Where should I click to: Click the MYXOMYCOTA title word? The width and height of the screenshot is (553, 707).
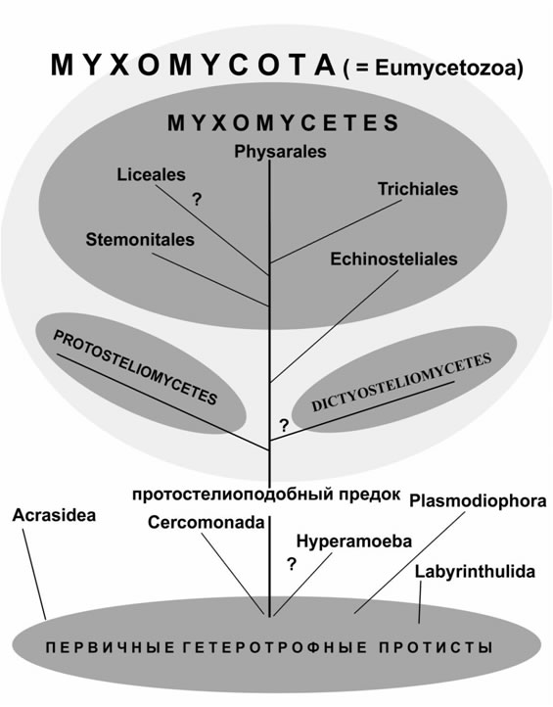194,66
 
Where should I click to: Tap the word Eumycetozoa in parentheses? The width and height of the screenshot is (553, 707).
444,69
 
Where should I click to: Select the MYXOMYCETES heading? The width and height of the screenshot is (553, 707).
283,123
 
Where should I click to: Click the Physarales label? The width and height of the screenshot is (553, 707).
280,152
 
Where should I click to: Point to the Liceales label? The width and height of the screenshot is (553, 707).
151,174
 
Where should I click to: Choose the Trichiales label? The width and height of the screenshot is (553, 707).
418,189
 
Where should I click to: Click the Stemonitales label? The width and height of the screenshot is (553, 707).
140,240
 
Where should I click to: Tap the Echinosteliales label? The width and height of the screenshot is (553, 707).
393,259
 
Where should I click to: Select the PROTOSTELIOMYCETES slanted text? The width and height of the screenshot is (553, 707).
135,367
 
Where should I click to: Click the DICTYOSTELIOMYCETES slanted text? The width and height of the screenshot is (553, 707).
401,382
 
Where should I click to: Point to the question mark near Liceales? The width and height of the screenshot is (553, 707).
197,199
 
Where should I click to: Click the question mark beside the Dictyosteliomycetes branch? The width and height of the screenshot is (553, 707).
284,425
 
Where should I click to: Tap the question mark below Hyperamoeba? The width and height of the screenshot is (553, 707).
292,564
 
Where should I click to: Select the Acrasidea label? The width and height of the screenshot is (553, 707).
54,515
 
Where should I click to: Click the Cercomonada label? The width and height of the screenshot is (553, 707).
206,523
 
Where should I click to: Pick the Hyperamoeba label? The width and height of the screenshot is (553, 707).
353,542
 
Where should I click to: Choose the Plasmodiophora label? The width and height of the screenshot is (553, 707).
478,501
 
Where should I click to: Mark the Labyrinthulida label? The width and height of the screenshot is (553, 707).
475,572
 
